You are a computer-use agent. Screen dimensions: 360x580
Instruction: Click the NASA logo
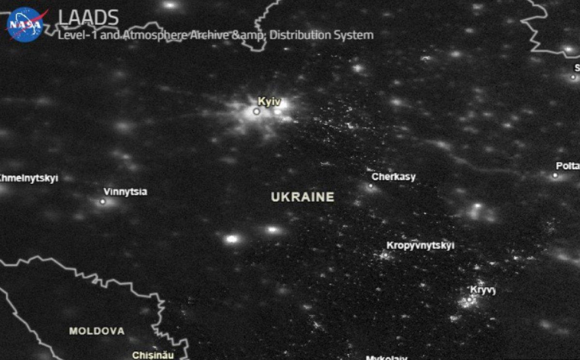[26, 24]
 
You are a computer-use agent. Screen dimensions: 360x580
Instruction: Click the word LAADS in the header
[88, 18]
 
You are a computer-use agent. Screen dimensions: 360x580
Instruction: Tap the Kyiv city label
[269, 101]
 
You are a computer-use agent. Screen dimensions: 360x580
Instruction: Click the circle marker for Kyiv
[256, 111]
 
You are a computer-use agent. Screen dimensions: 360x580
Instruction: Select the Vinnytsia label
[125, 192]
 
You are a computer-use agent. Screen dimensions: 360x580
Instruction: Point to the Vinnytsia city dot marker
[102, 202]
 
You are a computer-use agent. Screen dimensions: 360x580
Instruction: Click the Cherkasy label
[393, 177]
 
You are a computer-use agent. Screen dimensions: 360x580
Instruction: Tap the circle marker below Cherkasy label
[371, 186]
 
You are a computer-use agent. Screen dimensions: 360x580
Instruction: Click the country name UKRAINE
[303, 197]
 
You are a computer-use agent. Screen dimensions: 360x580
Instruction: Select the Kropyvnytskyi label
[420, 245]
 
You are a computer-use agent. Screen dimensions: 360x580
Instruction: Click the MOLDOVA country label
[97, 331]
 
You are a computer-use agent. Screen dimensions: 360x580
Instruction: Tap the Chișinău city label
[153, 355]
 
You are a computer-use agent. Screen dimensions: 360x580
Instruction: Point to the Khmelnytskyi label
[28, 178]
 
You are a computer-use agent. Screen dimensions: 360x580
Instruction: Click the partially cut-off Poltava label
[567, 166]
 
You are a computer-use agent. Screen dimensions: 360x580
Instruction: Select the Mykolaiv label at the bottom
[386, 358]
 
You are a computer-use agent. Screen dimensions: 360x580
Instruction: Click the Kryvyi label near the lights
[483, 290]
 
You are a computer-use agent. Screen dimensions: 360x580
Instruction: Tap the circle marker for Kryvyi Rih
[469, 300]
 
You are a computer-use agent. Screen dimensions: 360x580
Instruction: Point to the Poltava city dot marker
[555, 175]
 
